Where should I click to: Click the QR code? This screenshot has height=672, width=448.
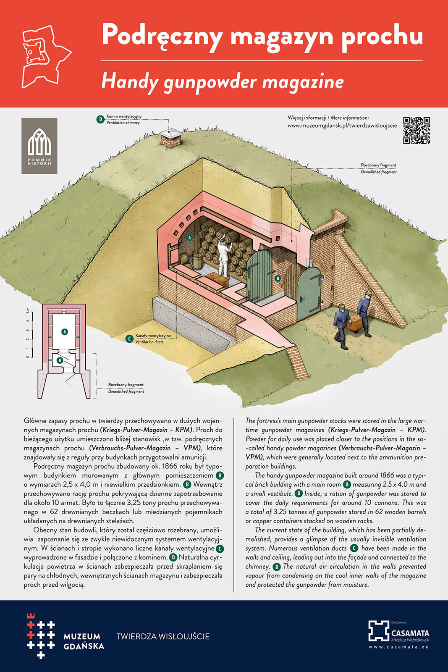[417, 130]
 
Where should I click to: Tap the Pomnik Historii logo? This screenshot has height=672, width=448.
[39, 146]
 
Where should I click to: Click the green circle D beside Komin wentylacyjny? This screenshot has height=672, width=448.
[100, 119]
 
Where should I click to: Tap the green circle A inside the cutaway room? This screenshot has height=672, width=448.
[189, 238]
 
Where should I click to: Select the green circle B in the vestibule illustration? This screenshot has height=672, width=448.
[277, 278]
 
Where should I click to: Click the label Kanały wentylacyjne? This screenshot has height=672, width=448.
[153, 336]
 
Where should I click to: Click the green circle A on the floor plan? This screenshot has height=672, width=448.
[64, 331]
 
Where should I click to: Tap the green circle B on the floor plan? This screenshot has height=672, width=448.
[60, 360]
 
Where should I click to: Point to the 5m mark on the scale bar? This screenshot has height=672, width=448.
[28, 311]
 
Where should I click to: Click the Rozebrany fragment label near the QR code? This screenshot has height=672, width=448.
[378, 165]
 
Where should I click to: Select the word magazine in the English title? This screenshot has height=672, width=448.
[303, 81]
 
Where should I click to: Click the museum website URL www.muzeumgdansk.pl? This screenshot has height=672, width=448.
[342, 126]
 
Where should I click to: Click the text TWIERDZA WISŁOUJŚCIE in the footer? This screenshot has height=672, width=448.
[163, 636]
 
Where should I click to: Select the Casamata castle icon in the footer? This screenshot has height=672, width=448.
[378, 630]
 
